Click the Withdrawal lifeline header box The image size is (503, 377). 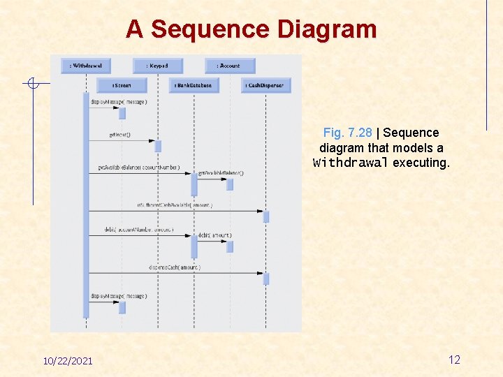(86, 66)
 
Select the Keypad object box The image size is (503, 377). (158, 66)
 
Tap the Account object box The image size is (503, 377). (230, 66)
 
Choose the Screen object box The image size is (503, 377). (122, 85)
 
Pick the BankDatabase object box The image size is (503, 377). (194, 85)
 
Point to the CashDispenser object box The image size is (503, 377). (266, 85)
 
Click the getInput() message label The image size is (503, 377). (119, 135)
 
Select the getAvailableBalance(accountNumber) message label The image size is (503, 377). (138, 168)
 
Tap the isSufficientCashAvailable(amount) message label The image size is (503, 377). (175, 205)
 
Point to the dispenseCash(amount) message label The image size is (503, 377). (175, 267)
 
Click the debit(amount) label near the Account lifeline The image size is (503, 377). (214, 235)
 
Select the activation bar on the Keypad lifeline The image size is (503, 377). (158, 146)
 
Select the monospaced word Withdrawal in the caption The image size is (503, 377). (351, 163)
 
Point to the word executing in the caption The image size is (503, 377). (421, 163)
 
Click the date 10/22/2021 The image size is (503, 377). (68, 361)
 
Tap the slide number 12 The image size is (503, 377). (454, 360)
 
